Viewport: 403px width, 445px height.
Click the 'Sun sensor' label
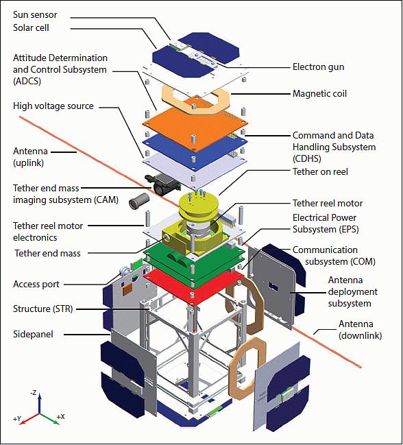click(x=35, y=15)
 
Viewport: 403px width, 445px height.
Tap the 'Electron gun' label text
click(x=318, y=67)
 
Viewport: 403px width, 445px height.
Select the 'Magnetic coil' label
click(x=319, y=93)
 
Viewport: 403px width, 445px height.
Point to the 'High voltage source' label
click(x=53, y=106)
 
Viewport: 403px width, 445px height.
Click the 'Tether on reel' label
click(x=320, y=171)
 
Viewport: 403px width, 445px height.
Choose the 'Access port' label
click(x=36, y=284)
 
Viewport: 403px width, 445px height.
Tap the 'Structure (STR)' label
click(x=42, y=309)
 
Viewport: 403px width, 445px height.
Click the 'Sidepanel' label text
click(x=33, y=335)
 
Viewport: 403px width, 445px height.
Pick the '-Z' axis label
click(x=34, y=393)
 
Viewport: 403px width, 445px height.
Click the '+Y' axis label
click(x=17, y=419)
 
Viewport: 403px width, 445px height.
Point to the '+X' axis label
click(x=61, y=417)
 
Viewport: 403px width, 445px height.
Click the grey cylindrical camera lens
click(x=139, y=201)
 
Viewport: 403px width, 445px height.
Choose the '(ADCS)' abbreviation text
click(x=27, y=82)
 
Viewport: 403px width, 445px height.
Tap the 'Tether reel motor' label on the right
click(x=328, y=203)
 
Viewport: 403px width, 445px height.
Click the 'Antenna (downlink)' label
click(x=361, y=330)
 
